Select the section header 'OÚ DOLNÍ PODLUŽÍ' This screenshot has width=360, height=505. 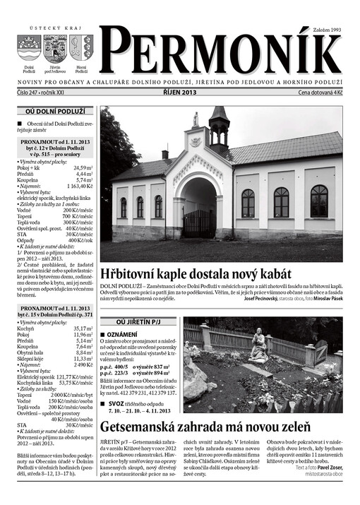54,112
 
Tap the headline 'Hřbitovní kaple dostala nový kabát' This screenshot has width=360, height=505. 196,273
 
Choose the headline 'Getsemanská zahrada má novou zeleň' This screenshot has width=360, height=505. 205,427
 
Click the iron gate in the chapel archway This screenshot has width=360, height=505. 198,222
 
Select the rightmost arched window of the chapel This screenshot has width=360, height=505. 319,201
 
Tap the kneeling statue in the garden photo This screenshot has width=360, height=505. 259,345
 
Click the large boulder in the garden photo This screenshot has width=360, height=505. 194,381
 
